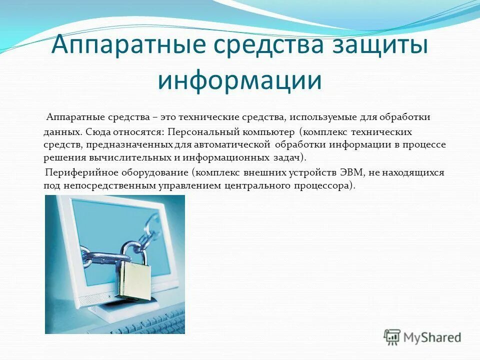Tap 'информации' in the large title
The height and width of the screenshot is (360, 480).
[x=240, y=80]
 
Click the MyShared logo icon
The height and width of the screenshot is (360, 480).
[x=392, y=337]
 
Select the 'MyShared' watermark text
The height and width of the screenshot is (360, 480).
[x=432, y=337]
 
